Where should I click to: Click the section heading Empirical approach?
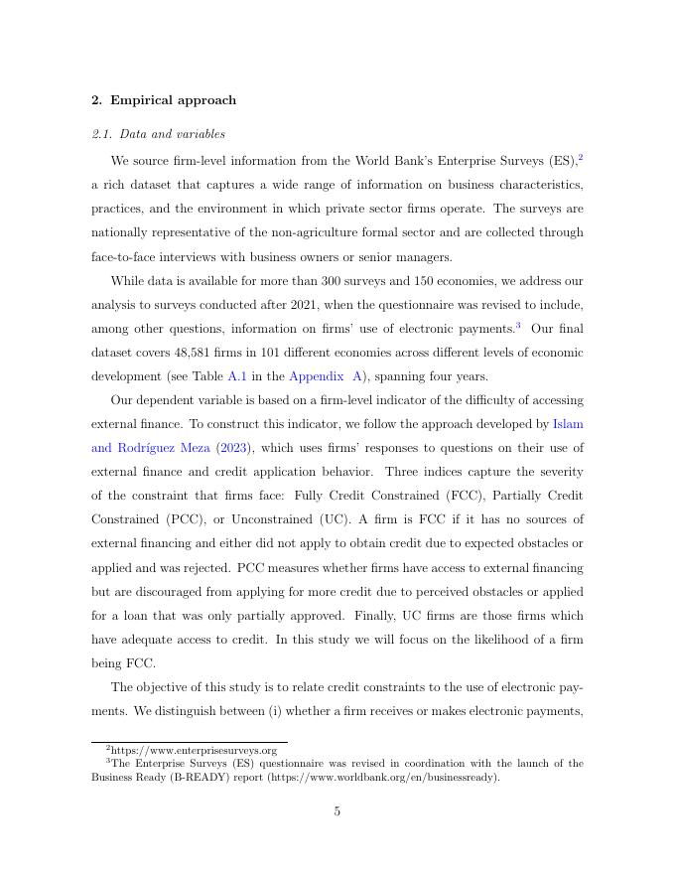tap(173, 100)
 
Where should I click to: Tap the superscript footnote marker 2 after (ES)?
tap(581, 157)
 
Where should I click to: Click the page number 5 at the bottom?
tap(337, 811)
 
